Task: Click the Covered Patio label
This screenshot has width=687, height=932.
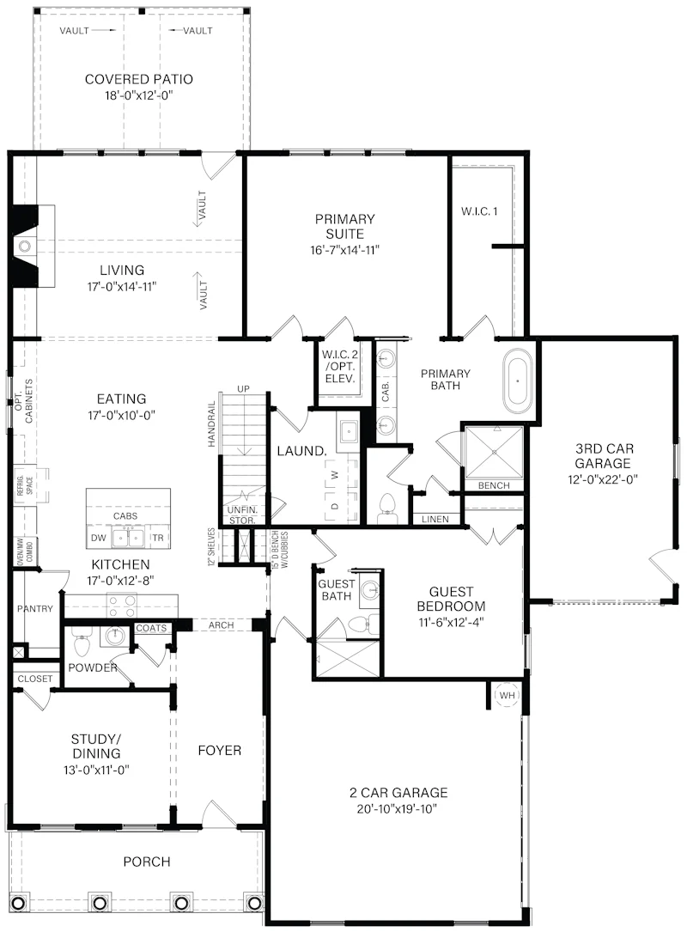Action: (x=138, y=79)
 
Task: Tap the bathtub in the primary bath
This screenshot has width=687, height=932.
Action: (x=518, y=381)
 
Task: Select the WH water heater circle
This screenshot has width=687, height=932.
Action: (x=507, y=696)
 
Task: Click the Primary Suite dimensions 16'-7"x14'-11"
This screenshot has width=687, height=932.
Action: (x=344, y=250)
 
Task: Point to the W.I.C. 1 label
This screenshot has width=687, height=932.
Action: (x=479, y=211)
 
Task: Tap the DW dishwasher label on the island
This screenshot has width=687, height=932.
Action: (x=99, y=538)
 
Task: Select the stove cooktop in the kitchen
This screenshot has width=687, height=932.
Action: (x=122, y=605)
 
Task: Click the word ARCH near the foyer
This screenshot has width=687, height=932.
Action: (x=221, y=625)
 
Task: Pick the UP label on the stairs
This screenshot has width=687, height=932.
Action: (x=244, y=389)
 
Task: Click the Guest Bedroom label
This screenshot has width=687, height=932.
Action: (x=451, y=600)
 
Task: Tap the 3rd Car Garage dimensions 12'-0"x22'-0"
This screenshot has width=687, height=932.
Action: (x=603, y=479)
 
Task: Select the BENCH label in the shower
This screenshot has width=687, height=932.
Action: (x=494, y=485)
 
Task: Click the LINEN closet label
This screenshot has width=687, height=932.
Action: (x=435, y=519)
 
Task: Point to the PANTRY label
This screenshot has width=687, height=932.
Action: (x=35, y=609)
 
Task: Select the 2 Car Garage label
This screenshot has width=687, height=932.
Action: (x=398, y=792)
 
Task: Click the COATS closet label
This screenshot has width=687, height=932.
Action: (x=151, y=628)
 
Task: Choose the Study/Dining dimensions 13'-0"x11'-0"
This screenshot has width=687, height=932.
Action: (x=96, y=771)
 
